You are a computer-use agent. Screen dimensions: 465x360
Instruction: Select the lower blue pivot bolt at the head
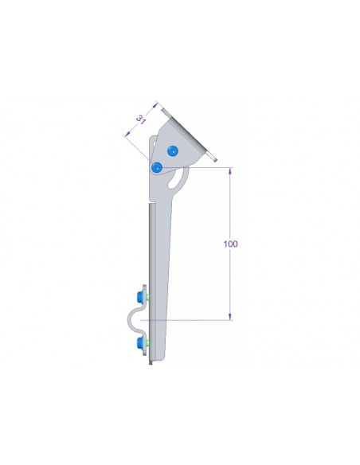tap(158, 167)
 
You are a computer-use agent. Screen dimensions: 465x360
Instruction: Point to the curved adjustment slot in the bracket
tap(177, 179)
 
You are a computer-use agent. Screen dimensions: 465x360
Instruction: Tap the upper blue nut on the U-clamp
tap(142, 296)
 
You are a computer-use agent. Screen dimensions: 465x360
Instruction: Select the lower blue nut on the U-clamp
tap(142, 343)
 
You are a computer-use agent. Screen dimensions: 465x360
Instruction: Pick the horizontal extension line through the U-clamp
tap(191, 320)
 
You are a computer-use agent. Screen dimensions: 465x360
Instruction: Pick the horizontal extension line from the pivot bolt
tap(199, 167)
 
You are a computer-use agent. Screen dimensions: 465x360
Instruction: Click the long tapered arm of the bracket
tap(163, 263)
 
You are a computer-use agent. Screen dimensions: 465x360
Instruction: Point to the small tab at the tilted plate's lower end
tap(215, 159)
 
